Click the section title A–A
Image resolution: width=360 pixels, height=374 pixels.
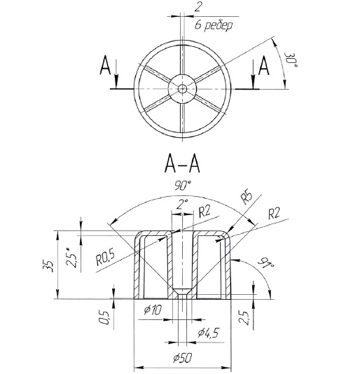pos(182,165)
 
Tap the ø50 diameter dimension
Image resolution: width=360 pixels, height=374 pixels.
pos(183,358)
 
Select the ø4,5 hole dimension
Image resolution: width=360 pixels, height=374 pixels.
pos(208,332)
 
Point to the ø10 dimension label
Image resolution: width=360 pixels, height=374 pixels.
pos(153,310)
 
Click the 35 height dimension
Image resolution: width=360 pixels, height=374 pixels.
pos(47,266)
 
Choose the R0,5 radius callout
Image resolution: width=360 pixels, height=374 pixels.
pos(105,258)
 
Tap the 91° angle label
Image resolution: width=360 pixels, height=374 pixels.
pos(265,263)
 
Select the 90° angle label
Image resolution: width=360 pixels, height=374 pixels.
pos(183,186)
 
